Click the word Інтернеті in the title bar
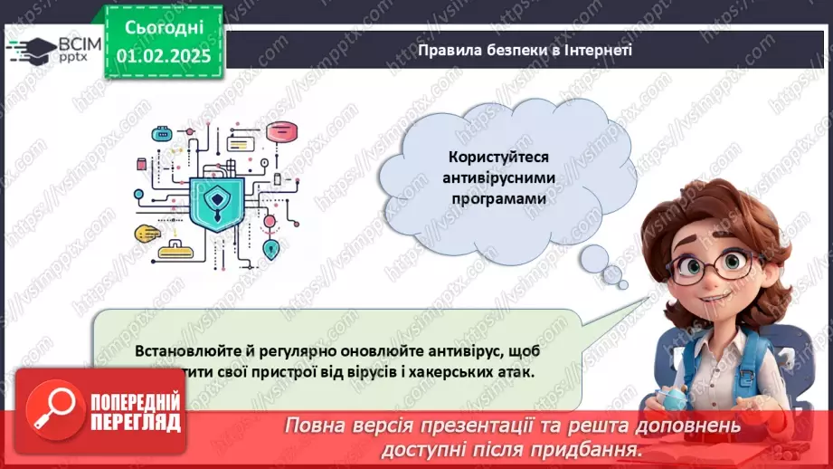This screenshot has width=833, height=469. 598,50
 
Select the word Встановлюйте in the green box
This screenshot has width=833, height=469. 178,350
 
